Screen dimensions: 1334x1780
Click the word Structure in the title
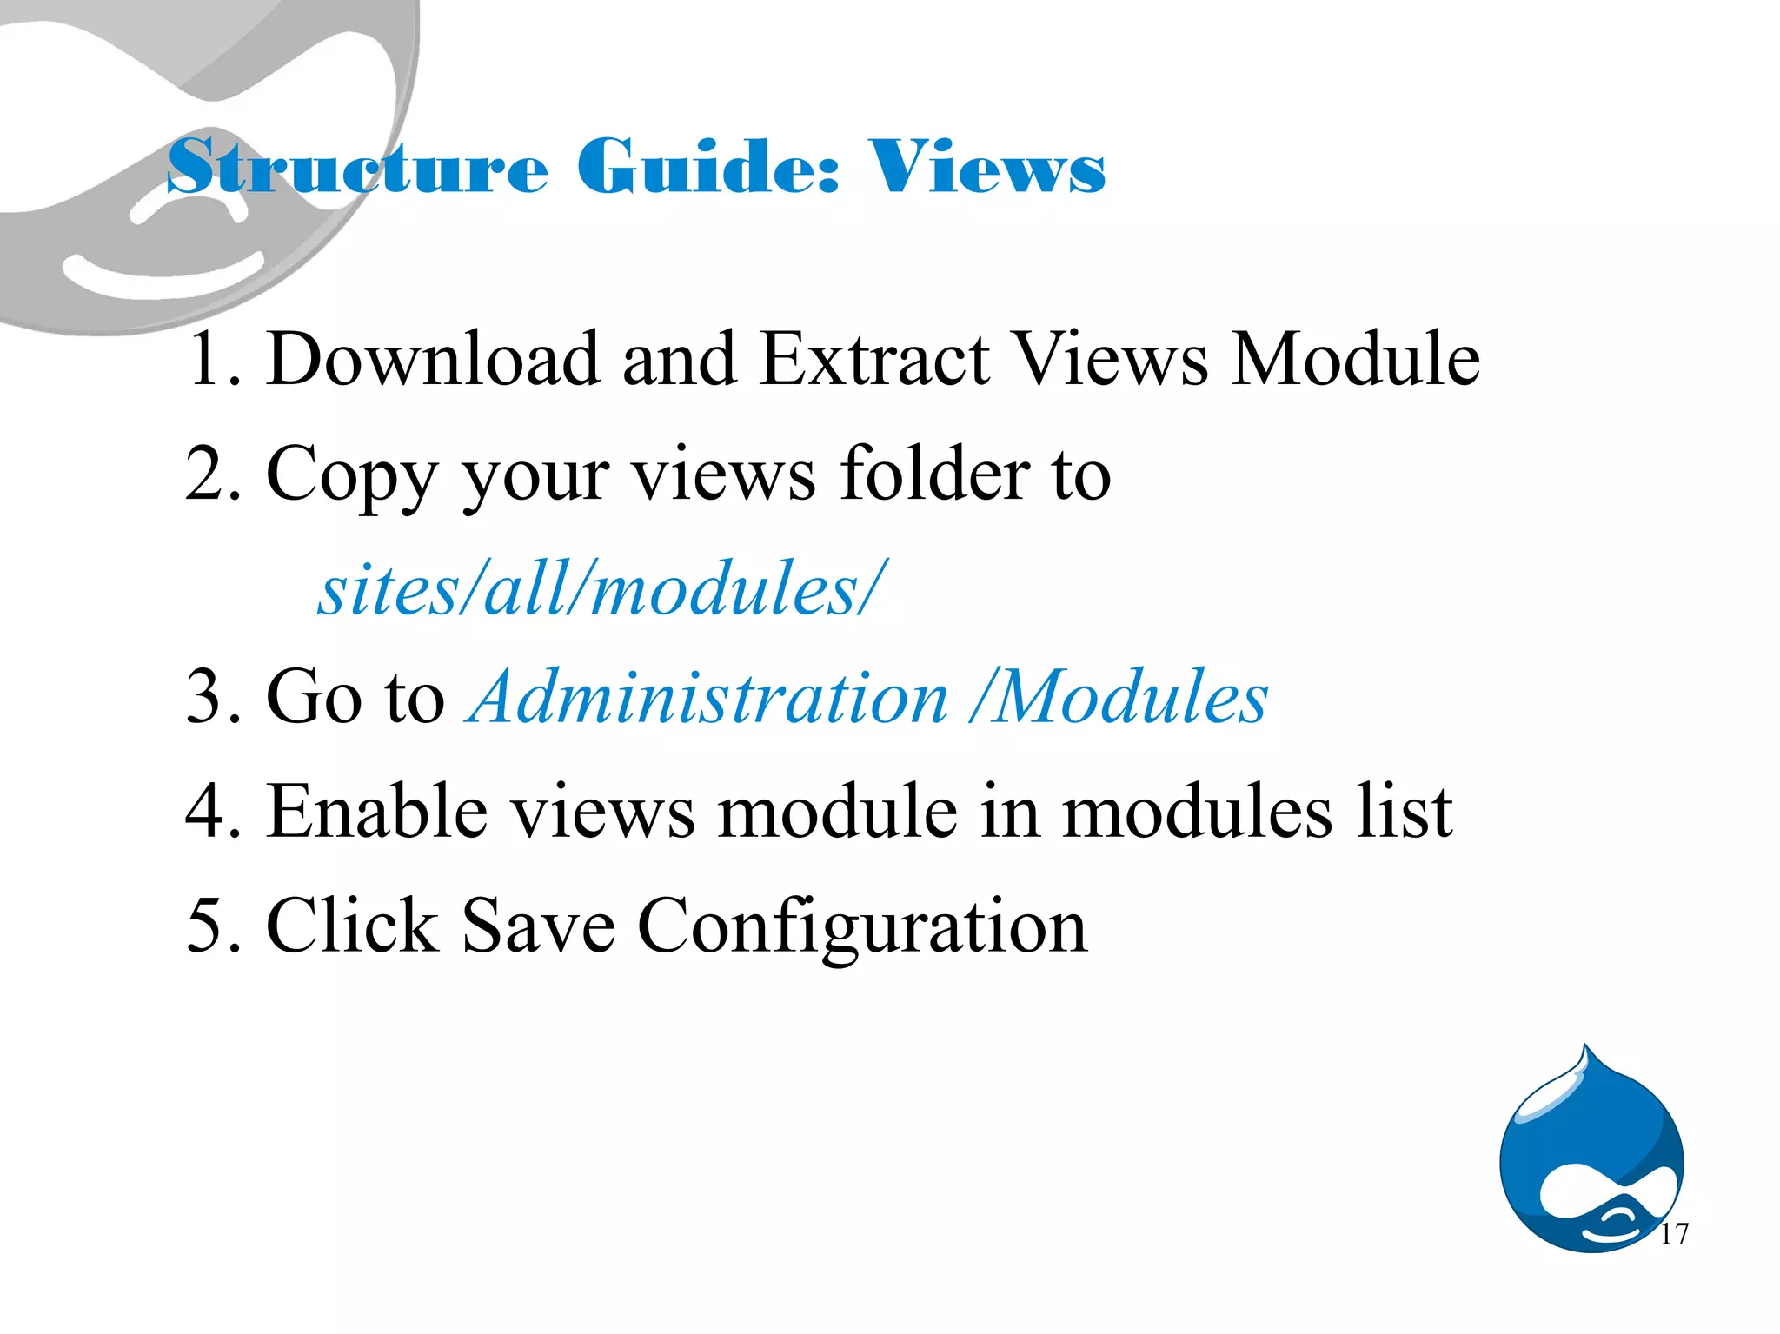tap(356, 167)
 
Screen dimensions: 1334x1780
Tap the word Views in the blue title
tap(986, 167)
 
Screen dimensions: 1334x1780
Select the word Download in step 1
tap(433, 359)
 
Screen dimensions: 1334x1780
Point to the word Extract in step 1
tap(874, 359)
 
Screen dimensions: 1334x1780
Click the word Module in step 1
tap(1356, 359)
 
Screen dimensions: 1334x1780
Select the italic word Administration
tap(708, 697)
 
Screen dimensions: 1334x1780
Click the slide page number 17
tap(1674, 1234)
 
